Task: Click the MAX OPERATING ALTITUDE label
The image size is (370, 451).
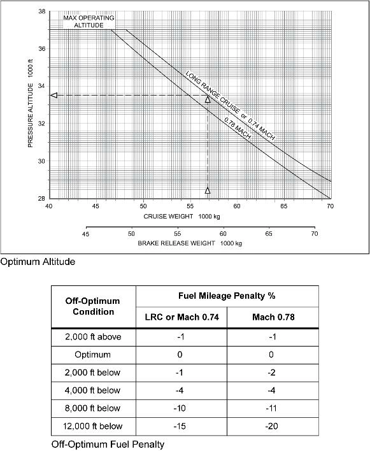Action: click(x=89, y=21)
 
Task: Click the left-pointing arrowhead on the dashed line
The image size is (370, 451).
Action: click(x=54, y=96)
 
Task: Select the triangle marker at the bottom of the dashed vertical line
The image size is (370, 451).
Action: click(x=208, y=190)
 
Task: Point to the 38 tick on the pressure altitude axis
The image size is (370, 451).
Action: click(x=41, y=11)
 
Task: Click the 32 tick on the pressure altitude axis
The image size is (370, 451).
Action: click(x=41, y=124)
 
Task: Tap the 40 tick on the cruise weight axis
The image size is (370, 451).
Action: click(x=50, y=206)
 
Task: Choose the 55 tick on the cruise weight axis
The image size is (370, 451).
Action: click(x=190, y=206)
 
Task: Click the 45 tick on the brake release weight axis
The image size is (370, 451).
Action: click(x=85, y=234)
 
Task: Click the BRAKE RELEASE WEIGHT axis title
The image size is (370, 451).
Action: click(x=190, y=243)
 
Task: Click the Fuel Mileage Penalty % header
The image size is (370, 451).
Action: click(x=227, y=296)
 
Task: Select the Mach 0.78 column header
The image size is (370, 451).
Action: click(x=273, y=317)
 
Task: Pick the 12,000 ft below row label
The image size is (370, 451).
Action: click(x=94, y=426)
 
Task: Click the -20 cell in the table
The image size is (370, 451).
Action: click(x=273, y=426)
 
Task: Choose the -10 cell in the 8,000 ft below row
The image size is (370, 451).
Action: click(x=180, y=408)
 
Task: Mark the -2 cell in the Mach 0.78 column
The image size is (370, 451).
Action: click(x=273, y=372)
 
